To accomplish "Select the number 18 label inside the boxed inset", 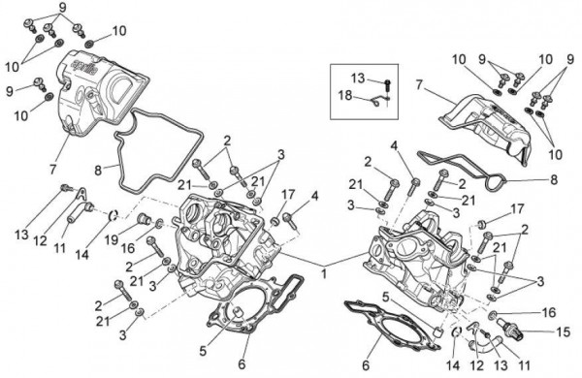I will (x=345, y=95).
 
